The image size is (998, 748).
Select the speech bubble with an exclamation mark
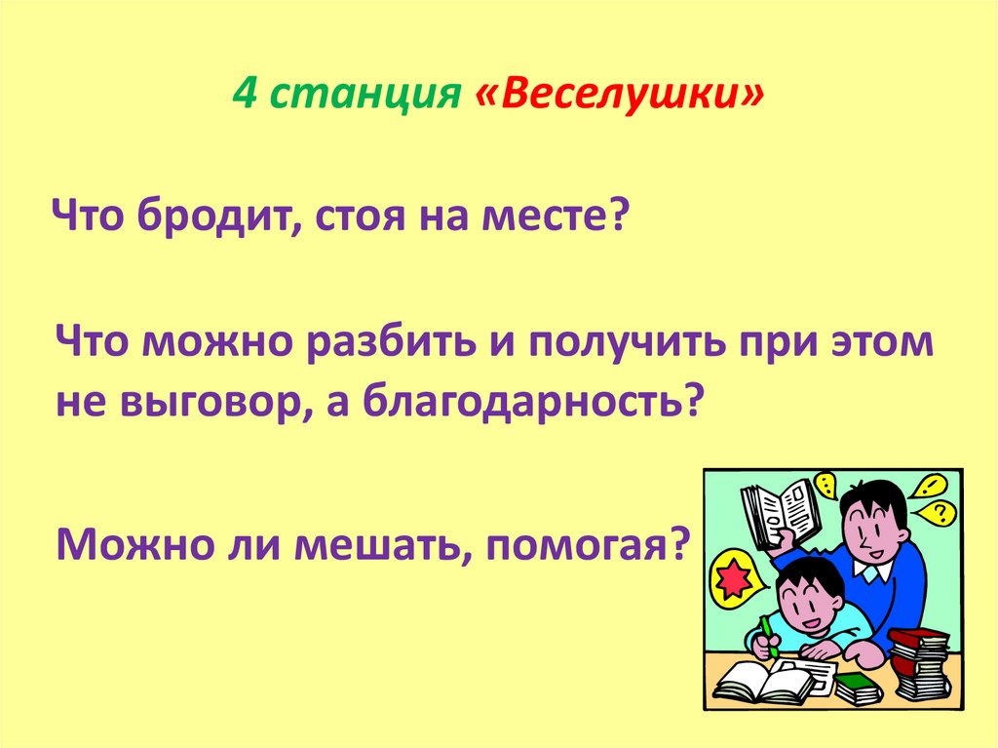826,485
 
